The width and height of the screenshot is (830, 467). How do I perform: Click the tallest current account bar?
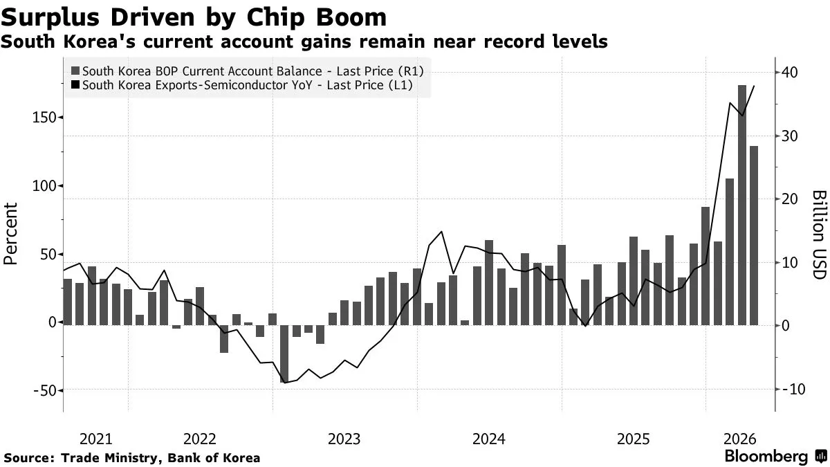click(741, 205)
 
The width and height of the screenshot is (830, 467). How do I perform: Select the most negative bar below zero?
click(284, 354)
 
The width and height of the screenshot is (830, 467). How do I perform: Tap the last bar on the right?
click(754, 236)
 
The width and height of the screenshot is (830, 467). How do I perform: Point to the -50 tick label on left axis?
click(44, 390)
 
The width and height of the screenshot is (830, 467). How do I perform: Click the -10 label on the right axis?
click(794, 389)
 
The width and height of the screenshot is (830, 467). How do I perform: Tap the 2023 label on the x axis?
click(344, 439)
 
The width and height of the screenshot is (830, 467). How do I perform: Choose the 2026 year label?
click(739, 439)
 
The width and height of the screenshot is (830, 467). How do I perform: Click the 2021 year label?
click(96, 439)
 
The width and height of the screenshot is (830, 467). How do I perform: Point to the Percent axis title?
click(10, 234)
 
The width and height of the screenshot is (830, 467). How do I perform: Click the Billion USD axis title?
click(819, 235)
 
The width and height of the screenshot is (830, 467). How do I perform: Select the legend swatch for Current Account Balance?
click(75, 71)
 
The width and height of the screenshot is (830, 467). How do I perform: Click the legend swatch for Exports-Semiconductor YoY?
click(75, 85)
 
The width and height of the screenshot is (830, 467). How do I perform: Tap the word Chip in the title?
click(275, 18)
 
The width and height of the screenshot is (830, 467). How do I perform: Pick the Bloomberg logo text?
click(766, 456)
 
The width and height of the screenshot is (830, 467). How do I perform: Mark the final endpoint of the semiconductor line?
click(754, 86)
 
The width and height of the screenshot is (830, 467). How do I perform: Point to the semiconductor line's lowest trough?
click(284, 383)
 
